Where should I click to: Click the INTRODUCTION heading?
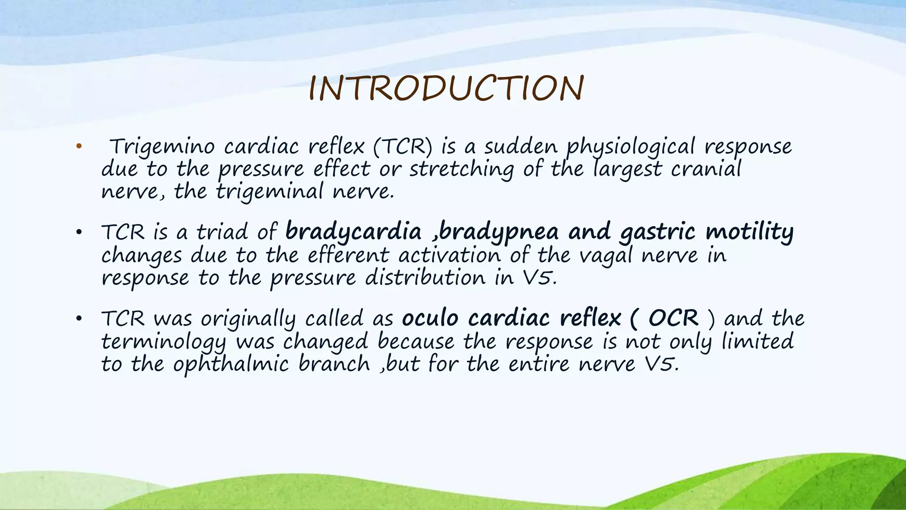pyautogui.click(x=446, y=89)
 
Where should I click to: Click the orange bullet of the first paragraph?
pyautogui.click(x=79, y=147)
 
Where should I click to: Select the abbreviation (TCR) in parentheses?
pyautogui.click(x=403, y=147)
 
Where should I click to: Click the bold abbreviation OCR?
pyautogui.click(x=673, y=318)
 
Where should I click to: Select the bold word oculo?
pyautogui.click(x=430, y=318)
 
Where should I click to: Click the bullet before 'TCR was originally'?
pyautogui.click(x=79, y=319)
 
